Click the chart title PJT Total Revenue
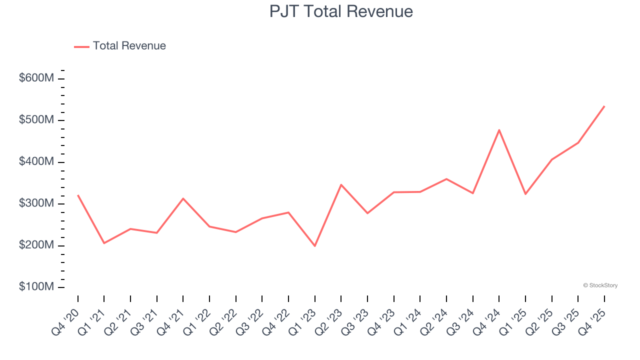pyautogui.click(x=341, y=11)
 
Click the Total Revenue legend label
pyautogui.click(x=129, y=46)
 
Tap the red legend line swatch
pyautogui.click(x=81, y=46)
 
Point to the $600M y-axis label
pyautogui.click(x=36, y=78)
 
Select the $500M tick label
pyautogui.click(x=36, y=120)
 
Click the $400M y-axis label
pyautogui.click(x=36, y=162)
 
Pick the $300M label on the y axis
pyautogui.click(x=36, y=203)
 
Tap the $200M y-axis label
pyautogui.click(x=36, y=245)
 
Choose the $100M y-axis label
pyautogui.click(x=36, y=287)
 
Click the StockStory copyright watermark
pyautogui.click(x=600, y=285)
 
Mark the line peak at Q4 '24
pyautogui.click(x=499, y=130)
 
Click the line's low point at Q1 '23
pyautogui.click(x=315, y=246)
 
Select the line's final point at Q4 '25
pyautogui.click(x=604, y=106)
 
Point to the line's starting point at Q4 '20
pyautogui.click(x=78, y=195)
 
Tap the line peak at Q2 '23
pyautogui.click(x=341, y=184)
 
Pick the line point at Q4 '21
pyautogui.click(x=183, y=198)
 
